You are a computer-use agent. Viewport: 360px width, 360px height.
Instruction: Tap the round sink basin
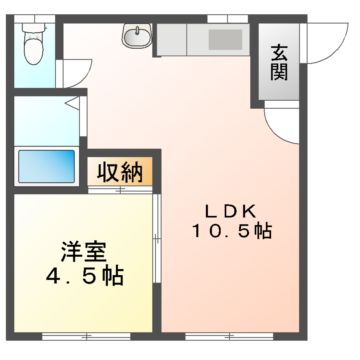[135, 39]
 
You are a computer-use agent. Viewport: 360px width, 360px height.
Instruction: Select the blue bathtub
[45, 163]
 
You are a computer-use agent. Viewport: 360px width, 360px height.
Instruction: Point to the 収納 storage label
[119, 171]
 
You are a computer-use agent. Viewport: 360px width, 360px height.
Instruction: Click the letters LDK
[234, 211]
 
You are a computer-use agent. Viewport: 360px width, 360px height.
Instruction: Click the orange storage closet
[119, 171]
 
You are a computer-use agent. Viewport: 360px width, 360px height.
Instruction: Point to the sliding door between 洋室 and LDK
[158, 240]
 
